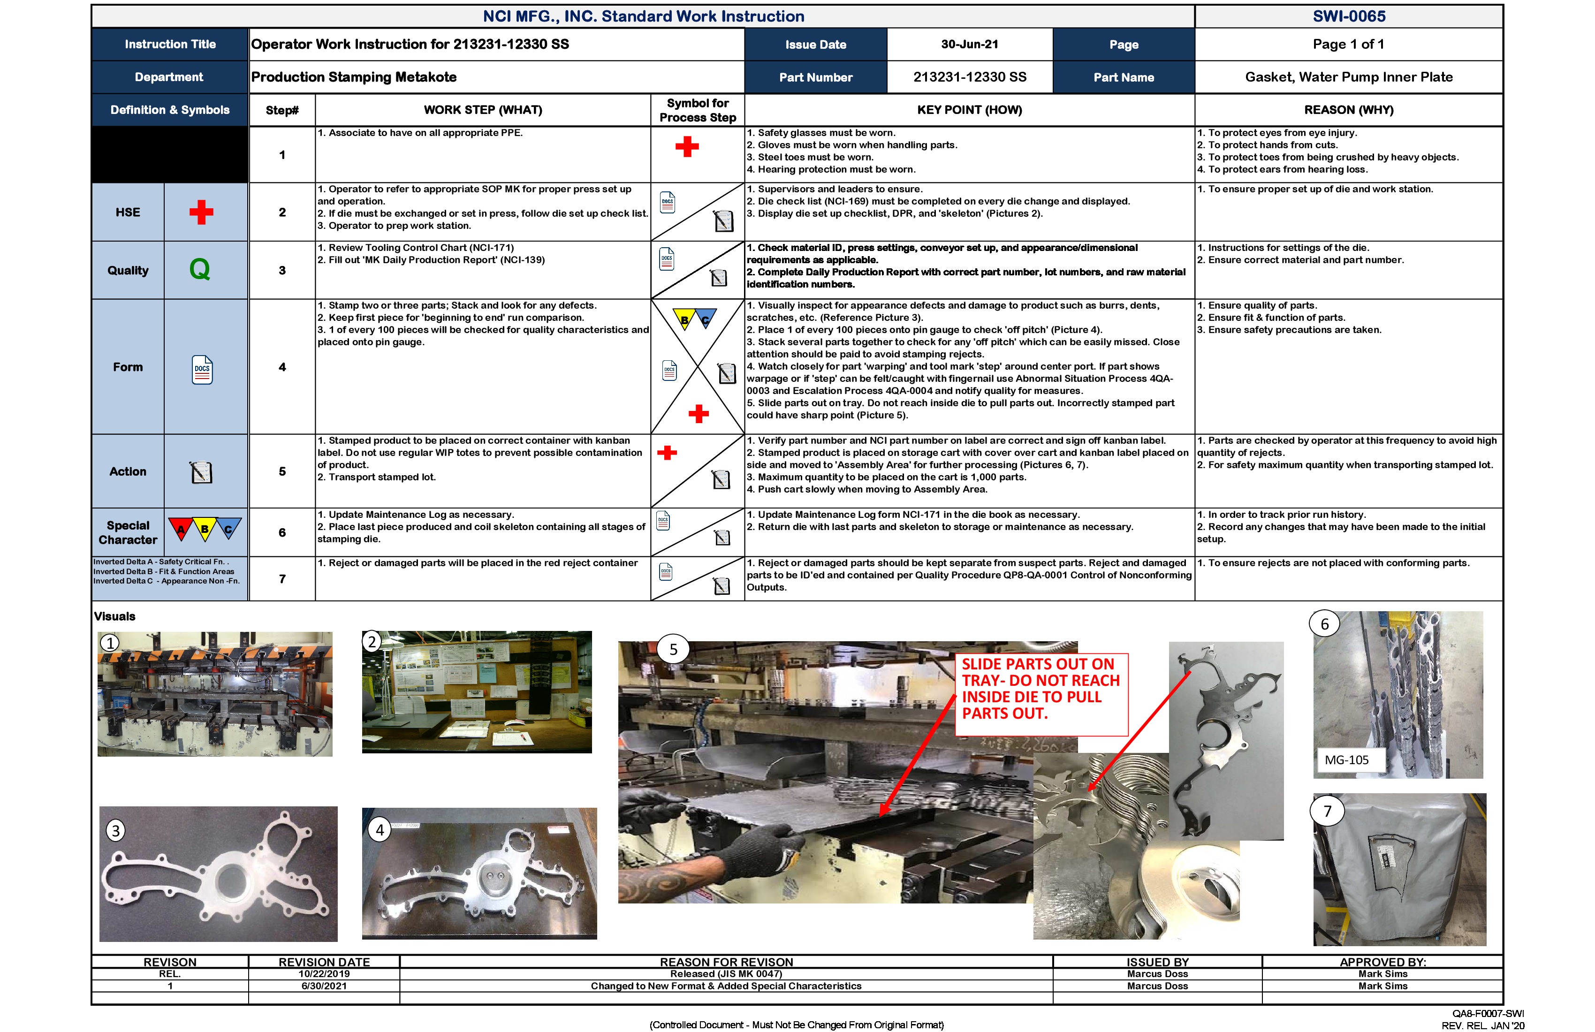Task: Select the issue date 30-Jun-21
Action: (969, 44)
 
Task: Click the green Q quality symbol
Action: (200, 269)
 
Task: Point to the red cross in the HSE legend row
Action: (201, 212)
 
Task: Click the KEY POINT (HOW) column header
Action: (969, 110)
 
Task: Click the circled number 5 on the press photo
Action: (674, 649)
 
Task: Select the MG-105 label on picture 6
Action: (1346, 760)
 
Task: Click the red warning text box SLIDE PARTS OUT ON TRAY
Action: (1041, 689)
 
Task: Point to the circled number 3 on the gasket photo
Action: (115, 831)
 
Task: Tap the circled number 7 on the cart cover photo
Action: (1327, 812)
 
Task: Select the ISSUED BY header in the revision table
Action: (1157, 962)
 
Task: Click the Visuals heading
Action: (114, 616)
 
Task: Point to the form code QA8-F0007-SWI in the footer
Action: (1488, 1014)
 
